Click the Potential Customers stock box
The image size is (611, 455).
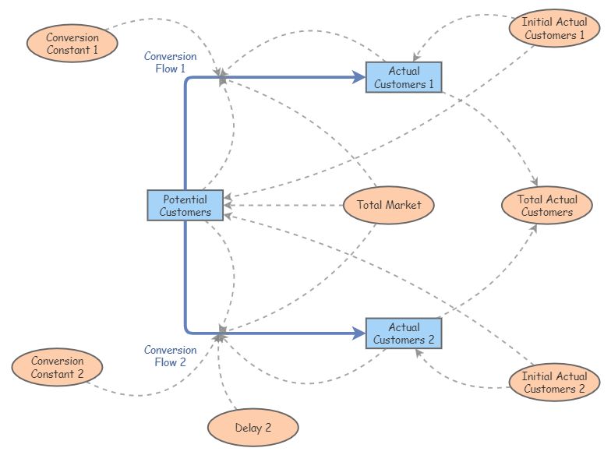pos(185,206)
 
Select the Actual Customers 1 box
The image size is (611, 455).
pos(404,77)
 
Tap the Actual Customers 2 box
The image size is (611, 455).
pos(404,333)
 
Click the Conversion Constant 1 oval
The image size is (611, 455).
pos(72,44)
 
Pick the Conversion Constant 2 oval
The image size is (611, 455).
pos(58,367)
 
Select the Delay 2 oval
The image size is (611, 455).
pos(253,428)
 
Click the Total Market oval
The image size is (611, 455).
pos(389,206)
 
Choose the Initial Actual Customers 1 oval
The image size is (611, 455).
pos(554,29)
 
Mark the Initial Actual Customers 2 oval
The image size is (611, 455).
pos(554,383)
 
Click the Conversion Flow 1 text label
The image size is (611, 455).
pos(170,62)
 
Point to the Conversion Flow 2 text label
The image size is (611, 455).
pos(170,356)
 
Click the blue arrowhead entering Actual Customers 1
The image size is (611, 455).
pos(359,77)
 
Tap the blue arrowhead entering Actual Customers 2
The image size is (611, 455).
pos(359,333)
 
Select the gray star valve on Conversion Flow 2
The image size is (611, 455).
pos(222,333)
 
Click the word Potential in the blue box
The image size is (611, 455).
pos(185,199)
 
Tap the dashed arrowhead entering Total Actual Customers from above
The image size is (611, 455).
pos(535,183)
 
